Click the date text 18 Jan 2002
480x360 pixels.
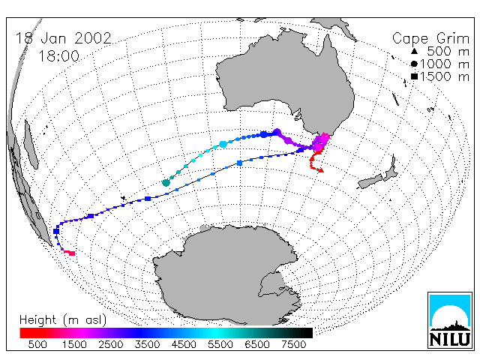click(63, 38)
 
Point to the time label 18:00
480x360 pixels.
click(58, 56)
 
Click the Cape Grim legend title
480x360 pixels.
click(430, 39)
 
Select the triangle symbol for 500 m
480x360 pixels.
click(414, 51)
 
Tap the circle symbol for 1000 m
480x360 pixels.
click(414, 64)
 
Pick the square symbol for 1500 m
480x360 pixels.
click(414, 76)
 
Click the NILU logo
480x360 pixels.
click(450, 320)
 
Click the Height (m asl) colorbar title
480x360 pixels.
click(63, 320)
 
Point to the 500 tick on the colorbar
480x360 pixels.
click(37, 344)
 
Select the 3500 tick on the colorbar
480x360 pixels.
click(147, 344)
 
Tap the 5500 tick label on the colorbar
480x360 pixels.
click(220, 344)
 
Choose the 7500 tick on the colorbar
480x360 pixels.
click(293, 344)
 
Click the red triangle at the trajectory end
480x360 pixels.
click(320, 170)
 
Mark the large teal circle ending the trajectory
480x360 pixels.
click(166, 183)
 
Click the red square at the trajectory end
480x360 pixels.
click(72, 253)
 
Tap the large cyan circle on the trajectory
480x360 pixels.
click(223, 144)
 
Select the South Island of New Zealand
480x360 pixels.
click(370, 181)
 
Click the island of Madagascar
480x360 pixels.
click(31, 145)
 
